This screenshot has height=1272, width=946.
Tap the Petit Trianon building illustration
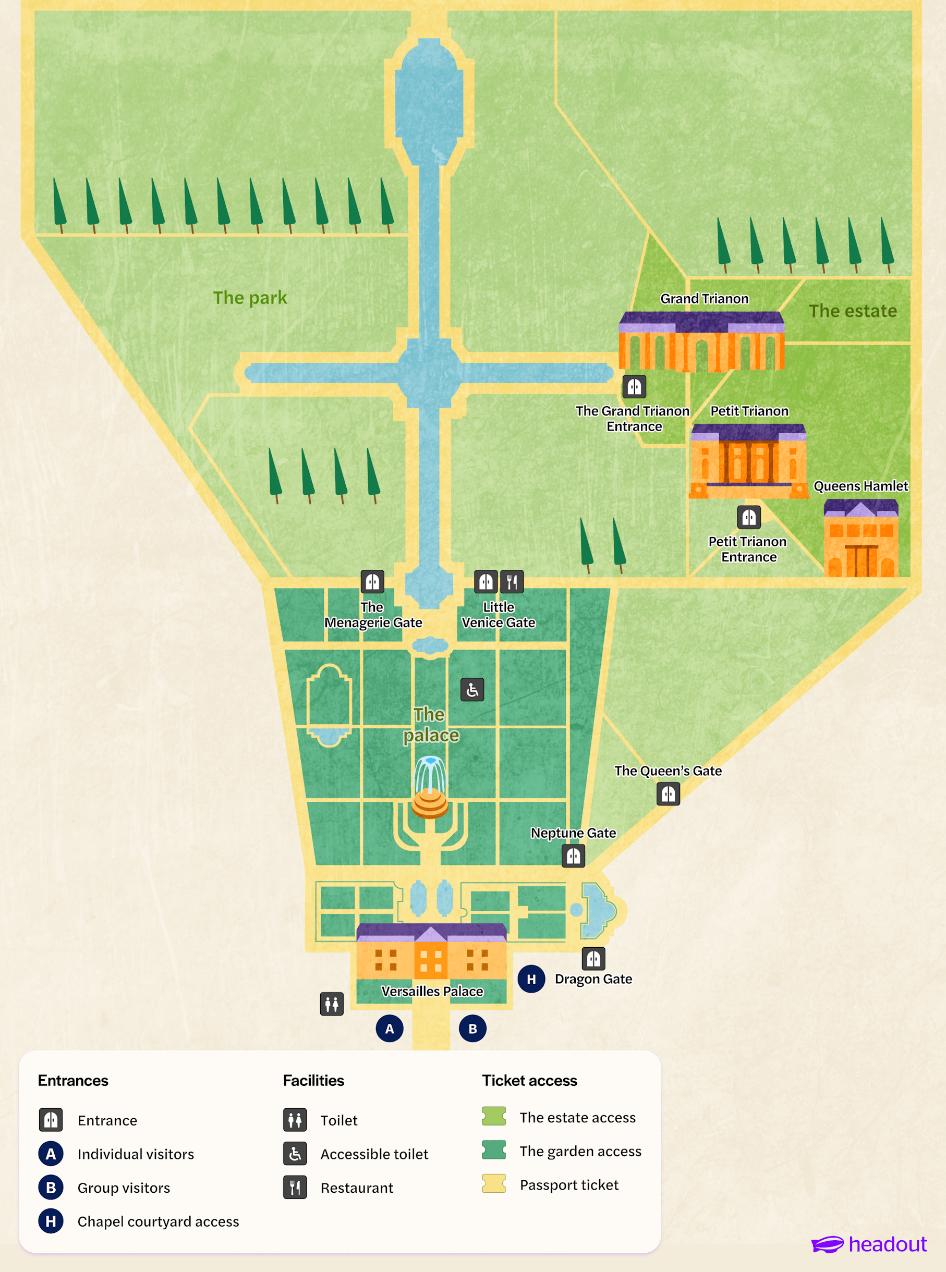748,461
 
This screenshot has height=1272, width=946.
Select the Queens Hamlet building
860,537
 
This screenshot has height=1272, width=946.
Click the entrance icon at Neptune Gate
573,856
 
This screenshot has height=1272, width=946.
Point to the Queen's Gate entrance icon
668,793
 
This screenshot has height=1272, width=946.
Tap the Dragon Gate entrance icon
593,958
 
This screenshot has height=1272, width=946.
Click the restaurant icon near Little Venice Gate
512,582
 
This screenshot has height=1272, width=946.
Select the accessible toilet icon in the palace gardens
472,690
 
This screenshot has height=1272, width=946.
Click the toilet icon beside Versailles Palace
332,1004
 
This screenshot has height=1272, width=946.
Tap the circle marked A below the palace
390,1029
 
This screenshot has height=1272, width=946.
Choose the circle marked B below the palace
472,1029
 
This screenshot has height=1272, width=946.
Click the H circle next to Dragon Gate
531,979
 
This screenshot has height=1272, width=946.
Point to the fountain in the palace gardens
430,787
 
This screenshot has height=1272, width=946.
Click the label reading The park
250,298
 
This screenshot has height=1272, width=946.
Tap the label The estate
853,311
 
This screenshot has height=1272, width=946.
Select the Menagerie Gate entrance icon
372,582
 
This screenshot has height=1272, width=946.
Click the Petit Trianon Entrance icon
749,517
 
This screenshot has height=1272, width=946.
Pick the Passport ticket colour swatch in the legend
494,1183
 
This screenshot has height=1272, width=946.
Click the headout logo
869,1244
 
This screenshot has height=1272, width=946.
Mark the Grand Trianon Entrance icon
635,386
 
